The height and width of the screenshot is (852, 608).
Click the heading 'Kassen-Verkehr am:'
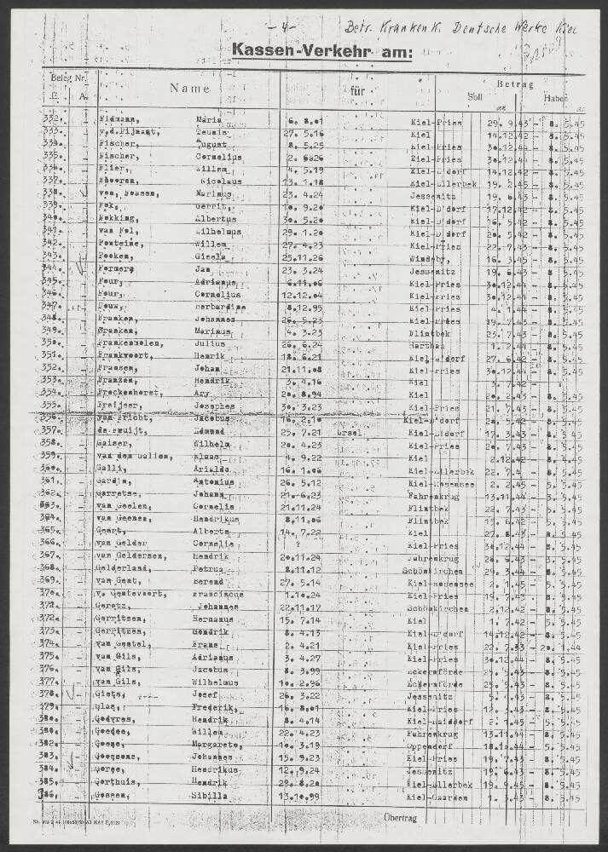click(x=321, y=53)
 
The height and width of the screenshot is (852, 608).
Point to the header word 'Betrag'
click(x=515, y=84)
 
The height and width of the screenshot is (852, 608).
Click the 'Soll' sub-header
click(x=474, y=96)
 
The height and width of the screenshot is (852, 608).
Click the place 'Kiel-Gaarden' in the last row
click(x=438, y=795)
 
